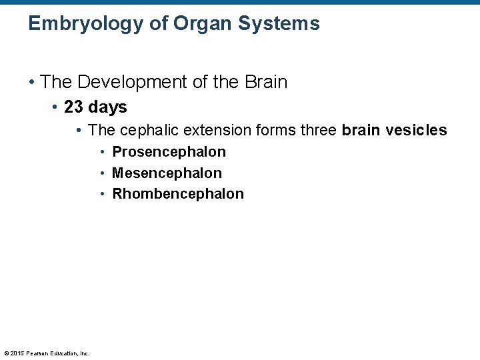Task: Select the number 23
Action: [x=73, y=107]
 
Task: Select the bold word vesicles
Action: [x=421, y=130]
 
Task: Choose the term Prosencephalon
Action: [x=169, y=152]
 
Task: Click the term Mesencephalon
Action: [x=167, y=173]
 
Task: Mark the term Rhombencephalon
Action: [x=178, y=194]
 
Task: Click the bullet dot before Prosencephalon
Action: [x=103, y=152]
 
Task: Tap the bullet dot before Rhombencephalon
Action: [x=103, y=194]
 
